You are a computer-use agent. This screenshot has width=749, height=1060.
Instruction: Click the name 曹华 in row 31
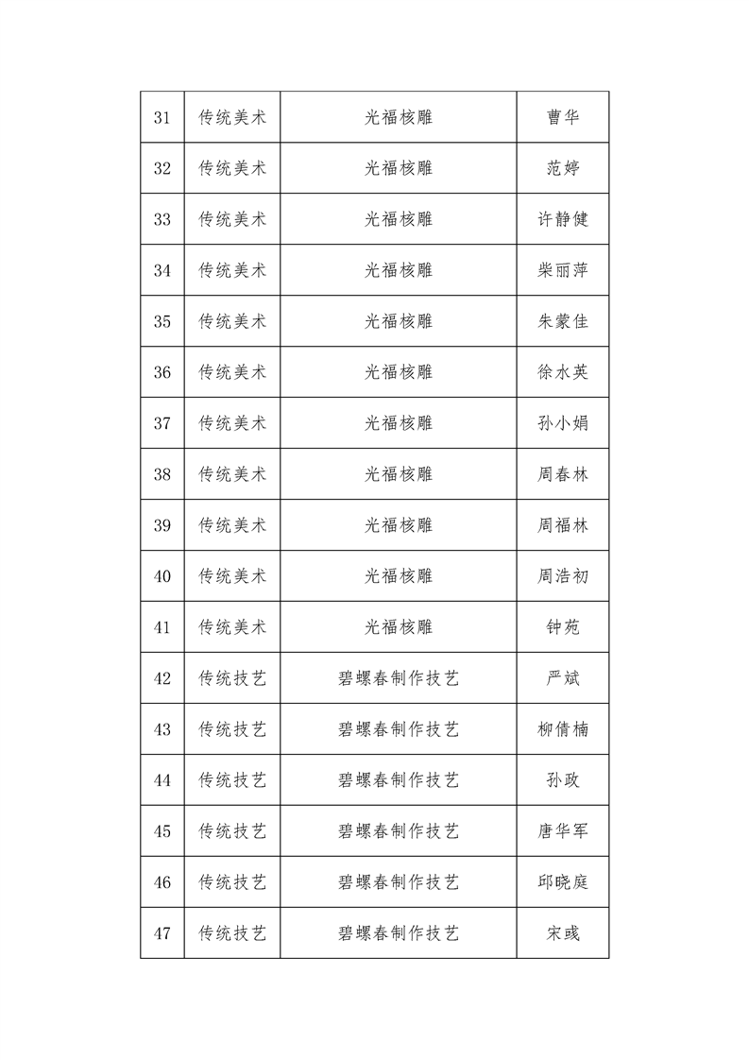tap(563, 117)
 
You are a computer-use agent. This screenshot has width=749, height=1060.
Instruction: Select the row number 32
tap(162, 168)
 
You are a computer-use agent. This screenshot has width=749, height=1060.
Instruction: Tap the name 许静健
tap(563, 219)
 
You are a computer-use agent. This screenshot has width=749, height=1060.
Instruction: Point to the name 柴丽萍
tap(563, 270)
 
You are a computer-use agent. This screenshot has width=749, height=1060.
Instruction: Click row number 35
tap(162, 321)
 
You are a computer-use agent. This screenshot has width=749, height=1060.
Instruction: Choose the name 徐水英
tap(563, 372)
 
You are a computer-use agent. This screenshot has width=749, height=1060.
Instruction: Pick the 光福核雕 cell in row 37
tap(398, 423)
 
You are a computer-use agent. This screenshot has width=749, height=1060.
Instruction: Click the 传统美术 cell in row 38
tap(232, 474)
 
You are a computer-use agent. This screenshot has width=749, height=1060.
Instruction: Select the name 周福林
tap(563, 525)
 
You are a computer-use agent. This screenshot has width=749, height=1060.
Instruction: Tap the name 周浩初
tap(563, 576)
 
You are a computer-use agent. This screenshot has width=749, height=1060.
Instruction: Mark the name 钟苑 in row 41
tap(563, 627)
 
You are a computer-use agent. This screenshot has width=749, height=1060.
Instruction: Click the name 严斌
tap(563, 678)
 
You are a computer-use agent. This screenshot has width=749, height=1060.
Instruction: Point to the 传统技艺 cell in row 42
tap(232, 678)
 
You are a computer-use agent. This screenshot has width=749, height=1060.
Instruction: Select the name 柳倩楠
tap(563, 729)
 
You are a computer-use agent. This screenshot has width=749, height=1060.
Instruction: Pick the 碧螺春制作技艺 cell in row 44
tap(398, 780)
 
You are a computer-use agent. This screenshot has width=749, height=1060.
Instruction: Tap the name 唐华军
tap(563, 831)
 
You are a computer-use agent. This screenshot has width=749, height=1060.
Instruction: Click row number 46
tap(162, 882)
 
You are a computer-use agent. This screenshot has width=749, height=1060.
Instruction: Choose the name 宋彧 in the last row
tap(563, 933)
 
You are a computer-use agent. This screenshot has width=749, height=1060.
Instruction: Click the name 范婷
tap(563, 168)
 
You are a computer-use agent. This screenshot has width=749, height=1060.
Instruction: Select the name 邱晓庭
tap(563, 882)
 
